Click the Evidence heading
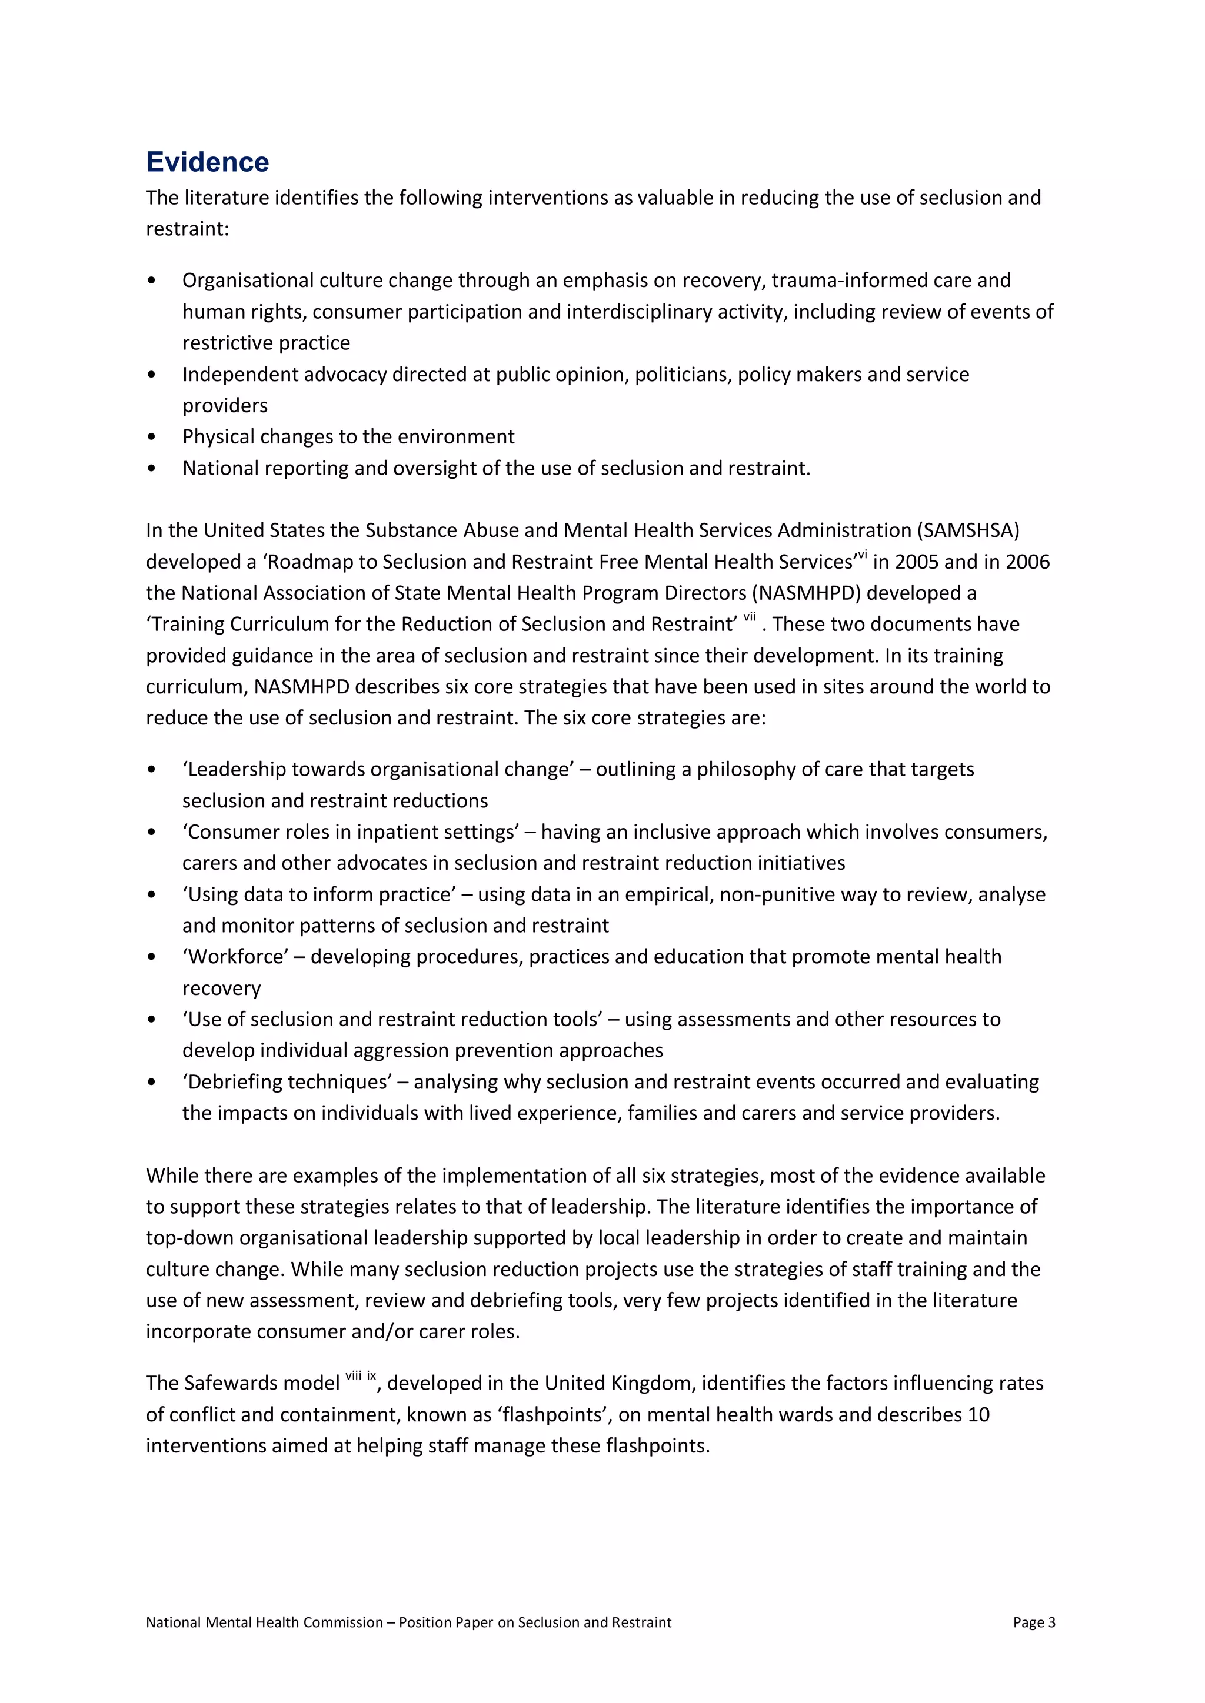point(207,162)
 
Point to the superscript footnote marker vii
point(750,616)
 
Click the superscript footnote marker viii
point(353,1376)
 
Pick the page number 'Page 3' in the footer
point(1034,1622)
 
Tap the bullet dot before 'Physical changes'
point(152,437)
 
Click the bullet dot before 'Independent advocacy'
point(152,375)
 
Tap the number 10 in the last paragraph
point(978,1414)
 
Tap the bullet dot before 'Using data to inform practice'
point(152,894)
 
